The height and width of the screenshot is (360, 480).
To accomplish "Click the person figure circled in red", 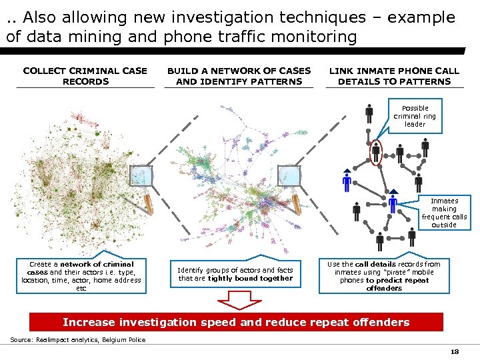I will (376, 152).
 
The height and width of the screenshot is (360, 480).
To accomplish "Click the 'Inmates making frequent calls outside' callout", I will (443, 213).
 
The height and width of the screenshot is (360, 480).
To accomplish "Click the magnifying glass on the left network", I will (143, 181).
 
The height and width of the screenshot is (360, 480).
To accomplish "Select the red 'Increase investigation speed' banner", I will (236, 322).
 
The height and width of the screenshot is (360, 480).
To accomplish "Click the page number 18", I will (455, 351).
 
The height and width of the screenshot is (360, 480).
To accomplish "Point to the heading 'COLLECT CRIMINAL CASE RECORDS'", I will (85, 76).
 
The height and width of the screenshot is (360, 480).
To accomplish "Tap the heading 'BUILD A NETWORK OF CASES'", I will (239, 71).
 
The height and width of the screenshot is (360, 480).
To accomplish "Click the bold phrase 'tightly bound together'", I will (250, 279).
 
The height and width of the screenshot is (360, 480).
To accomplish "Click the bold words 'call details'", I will (376, 264).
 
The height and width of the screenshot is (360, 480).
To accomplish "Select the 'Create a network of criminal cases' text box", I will (81, 276).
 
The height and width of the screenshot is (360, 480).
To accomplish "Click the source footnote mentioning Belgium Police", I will (78, 340).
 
